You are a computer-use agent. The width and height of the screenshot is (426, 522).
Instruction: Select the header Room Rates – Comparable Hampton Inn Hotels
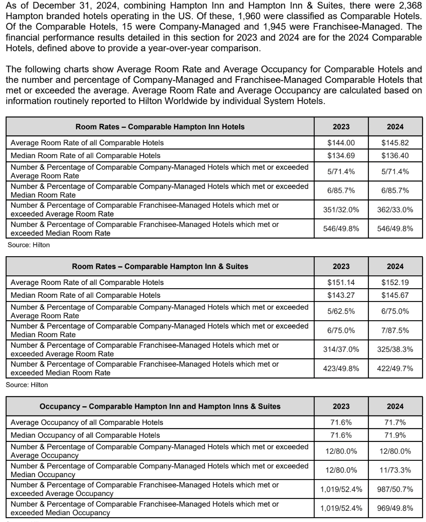pos(160,127)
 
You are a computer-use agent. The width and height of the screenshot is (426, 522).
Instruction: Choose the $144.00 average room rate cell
pos(341,143)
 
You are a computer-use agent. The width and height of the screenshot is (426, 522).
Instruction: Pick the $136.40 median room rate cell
pos(395,156)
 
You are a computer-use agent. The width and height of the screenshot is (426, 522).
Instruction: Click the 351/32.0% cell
pos(341,210)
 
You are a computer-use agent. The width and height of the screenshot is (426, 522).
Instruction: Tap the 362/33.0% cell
pos(395,210)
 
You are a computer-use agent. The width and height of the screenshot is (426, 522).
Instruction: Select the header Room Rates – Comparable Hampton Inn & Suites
pos(160,267)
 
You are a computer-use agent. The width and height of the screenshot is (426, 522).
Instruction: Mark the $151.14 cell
pos(341,283)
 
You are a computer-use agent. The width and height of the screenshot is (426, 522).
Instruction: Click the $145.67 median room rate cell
pos(395,295)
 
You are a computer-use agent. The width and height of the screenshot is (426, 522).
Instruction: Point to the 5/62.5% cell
pos(341,311)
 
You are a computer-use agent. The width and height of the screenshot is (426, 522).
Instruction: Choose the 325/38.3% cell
pos(395,349)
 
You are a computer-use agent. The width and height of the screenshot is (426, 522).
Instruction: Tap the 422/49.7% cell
pos(395,369)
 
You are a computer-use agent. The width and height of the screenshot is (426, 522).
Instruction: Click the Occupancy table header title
pos(160,406)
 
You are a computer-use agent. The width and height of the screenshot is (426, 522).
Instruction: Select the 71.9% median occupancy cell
pos(395,435)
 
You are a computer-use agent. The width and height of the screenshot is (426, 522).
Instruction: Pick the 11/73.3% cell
pos(395,470)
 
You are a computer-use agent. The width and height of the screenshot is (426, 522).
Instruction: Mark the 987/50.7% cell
pos(395,489)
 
